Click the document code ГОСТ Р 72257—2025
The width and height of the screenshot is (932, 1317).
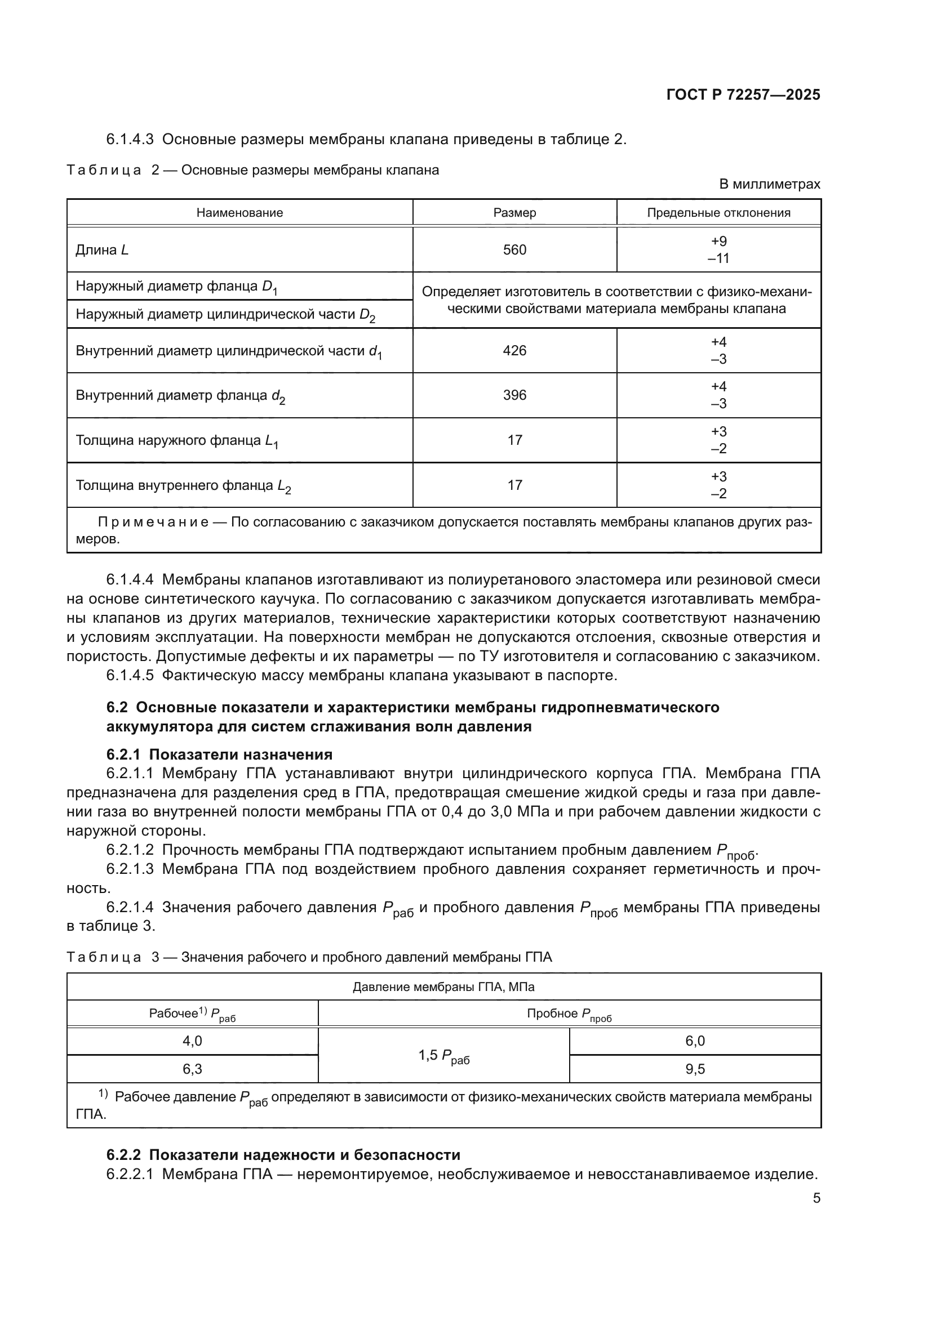pyautogui.click(x=743, y=95)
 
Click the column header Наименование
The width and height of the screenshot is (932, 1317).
pyautogui.click(x=239, y=213)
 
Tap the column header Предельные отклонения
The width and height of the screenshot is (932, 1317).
pyautogui.click(x=718, y=213)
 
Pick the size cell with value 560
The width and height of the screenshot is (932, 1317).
pyautogui.click(x=514, y=249)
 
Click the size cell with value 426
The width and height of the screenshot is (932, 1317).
pyautogui.click(x=514, y=350)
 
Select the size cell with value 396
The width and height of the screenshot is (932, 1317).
pyautogui.click(x=514, y=395)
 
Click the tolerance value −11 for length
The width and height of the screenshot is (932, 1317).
pyautogui.click(x=718, y=258)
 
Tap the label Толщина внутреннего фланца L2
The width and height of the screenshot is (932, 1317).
pyautogui.click(x=183, y=486)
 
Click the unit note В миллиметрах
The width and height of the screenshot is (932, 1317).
pyautogui.click(x=770, y=184)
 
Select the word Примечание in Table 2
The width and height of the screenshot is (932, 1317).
pyautogui.click(x=153, y=522)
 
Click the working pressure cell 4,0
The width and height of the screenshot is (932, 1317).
pyautogui.click(x=192, y=1041)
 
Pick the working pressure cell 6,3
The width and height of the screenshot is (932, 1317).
pyautogui.click(x=192, y=1069)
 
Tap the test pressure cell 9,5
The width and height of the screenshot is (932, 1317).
pyautogui.click(x=695, y=1069)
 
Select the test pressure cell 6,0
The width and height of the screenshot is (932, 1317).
pyautogui.click(x=695, y=1041)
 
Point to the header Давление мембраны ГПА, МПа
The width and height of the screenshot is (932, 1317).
pyautogui.click(x=443, y=987)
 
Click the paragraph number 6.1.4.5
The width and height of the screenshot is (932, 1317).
pyautogui.click(x=130, y=676)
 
